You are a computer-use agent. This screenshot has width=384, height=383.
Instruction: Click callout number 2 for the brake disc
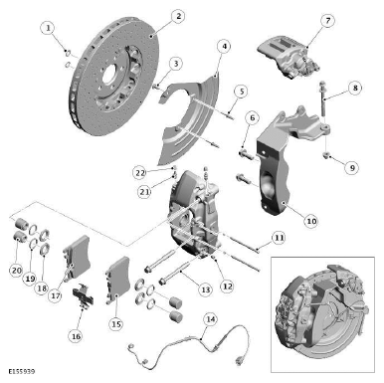tap(178, 16)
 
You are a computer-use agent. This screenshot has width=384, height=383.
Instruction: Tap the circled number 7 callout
tap(327, 21)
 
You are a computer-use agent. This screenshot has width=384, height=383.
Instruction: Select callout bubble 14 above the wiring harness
tap(211, 319)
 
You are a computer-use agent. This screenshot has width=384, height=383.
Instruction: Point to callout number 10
tap(311, 221)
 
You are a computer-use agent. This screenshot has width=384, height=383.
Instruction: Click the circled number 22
tap(140, 172)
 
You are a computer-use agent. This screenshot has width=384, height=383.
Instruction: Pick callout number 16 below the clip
tap(76, 336)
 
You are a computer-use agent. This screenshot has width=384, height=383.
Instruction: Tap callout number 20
tap(16, 271)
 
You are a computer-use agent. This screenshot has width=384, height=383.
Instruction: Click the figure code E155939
tap(22, 371)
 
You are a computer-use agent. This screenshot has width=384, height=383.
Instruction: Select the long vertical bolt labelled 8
tap(322, 98)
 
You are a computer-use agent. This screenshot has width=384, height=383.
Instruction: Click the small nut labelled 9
tap(326, 154)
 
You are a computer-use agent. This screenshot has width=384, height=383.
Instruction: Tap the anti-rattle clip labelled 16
tap(83, 296)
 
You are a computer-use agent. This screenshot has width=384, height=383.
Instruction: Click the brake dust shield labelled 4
tap(186, 121)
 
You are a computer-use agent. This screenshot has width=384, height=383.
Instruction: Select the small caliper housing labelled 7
tap(288, 58)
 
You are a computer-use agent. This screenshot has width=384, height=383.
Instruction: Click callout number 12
tap(227, 286)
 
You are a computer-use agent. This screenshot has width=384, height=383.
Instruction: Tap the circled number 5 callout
tap(241, 92)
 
